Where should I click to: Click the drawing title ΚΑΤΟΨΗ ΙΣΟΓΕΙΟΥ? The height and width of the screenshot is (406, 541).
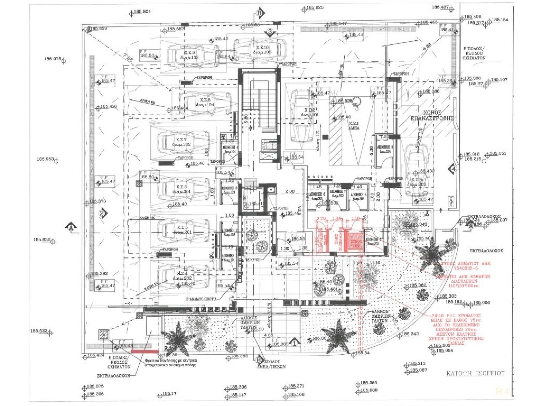475,373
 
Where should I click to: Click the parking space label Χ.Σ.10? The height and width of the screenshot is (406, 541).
262,49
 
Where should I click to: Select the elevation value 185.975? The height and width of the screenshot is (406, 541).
53,59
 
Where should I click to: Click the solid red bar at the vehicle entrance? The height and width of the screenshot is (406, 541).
145,351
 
